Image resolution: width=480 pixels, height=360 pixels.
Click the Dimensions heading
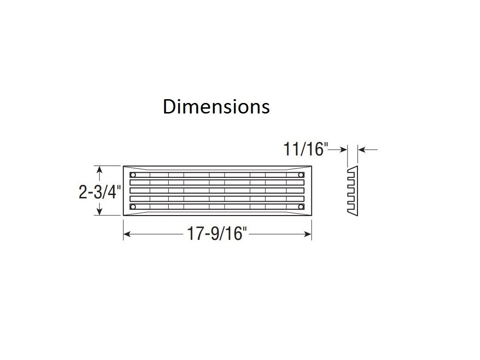tap(216, 106)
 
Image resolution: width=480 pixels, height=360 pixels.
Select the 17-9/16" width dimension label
tap(217, 233)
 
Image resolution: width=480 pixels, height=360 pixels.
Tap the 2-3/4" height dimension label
tap(100, 192)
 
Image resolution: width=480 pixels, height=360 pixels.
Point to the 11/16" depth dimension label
tap(306, 149)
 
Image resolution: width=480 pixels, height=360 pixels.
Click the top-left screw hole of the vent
tap(133, 175)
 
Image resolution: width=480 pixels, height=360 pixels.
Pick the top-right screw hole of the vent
tap(301, 175)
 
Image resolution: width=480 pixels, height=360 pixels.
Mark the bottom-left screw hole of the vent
tap(133, 207)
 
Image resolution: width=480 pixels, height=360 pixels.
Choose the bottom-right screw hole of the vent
tap(301, 207)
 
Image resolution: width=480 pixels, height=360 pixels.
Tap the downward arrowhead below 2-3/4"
tap(99, 212)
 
